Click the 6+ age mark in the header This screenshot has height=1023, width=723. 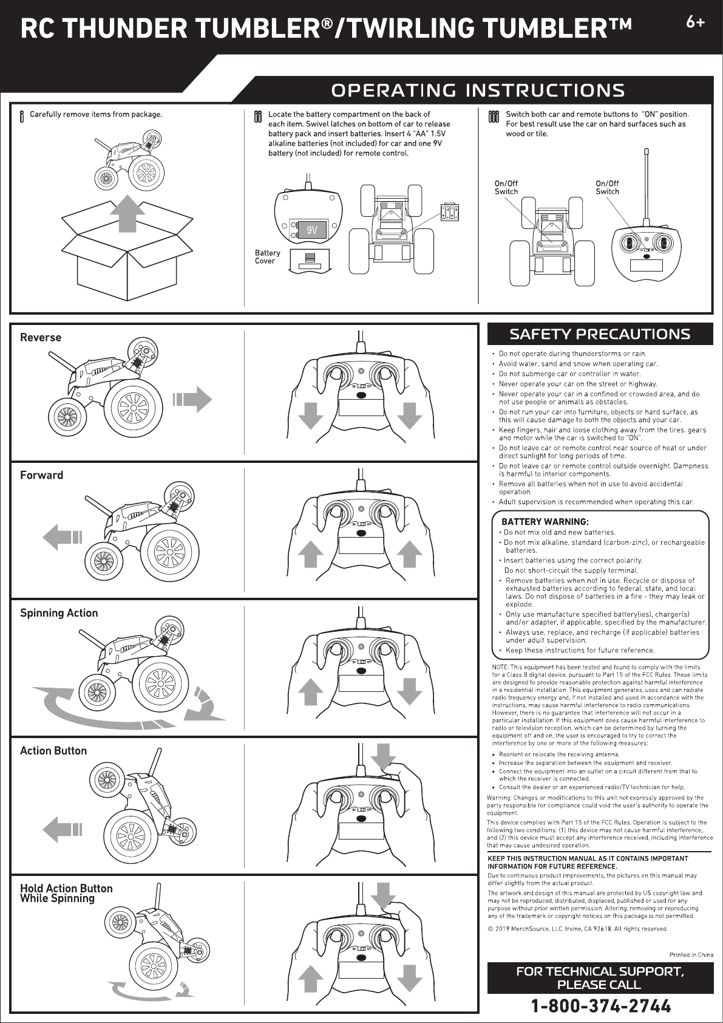click(696, 22)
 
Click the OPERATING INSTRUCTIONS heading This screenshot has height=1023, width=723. click(477, 91)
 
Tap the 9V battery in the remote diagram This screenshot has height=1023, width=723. click(312, 230)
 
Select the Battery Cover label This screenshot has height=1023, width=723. click(267, 257)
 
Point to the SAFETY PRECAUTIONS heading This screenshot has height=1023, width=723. click(600, 334)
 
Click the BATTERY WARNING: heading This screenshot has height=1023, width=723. click(545, 522)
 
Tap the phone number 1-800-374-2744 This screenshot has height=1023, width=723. click(601, 1006)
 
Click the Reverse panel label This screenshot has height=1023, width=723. click(41, 338)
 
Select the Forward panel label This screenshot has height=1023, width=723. click(42, 475)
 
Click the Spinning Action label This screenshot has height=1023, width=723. click(59, 613)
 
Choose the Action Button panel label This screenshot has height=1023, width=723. click(53, 751)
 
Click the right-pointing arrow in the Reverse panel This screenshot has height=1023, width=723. click(192, 399)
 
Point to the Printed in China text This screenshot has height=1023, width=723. click(691, 954)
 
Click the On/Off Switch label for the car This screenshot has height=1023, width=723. click(506, 187)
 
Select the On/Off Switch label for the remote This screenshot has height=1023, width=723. click(607, 187)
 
